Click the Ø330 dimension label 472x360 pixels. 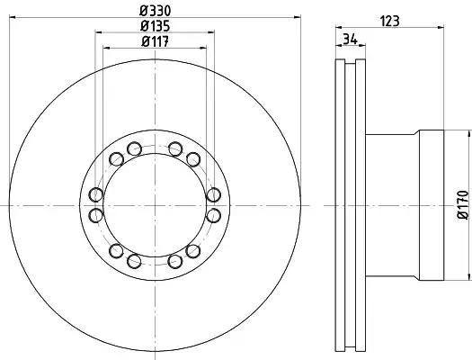(x=156, y=11)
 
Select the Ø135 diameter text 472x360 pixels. (x=155, y=26)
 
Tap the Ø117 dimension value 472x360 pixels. (x=155, y=41)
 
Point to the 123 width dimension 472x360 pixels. (x=390, y=22)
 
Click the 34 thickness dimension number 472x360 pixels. (x=351, y=40)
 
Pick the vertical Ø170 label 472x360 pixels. (x=463, y=205)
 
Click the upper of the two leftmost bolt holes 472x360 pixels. (x=96, y=194)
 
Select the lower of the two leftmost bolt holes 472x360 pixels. (x=96, y=215)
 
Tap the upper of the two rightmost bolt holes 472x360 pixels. (x=214, y=194)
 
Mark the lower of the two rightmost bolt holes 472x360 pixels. (x=214, y=215)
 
